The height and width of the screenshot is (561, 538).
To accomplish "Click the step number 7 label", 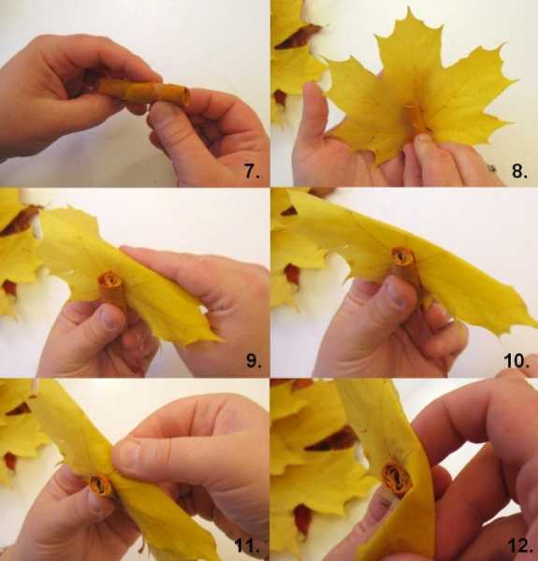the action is (252, 171).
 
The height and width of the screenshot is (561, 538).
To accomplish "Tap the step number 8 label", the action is (519, 171).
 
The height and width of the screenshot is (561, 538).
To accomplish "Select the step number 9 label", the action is (254, 361).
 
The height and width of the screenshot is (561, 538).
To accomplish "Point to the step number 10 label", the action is (516, 361).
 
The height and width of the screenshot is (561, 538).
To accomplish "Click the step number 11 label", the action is (247, 546).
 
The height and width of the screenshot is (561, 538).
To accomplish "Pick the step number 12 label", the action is (519, 546).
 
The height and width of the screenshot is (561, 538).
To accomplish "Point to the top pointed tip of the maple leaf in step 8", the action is (409, 7).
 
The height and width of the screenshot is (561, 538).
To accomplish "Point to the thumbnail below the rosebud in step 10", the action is (398, 296).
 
